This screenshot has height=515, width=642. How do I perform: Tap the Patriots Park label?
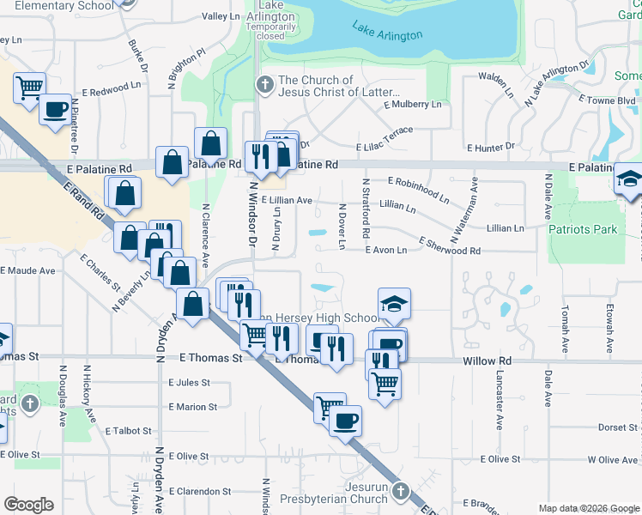583,230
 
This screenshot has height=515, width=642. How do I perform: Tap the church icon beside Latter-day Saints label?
264,84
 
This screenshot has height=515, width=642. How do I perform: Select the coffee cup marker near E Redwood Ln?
56,110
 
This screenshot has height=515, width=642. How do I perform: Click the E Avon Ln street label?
385,250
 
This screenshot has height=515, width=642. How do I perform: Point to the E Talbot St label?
130,431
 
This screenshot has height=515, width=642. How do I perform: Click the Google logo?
28,505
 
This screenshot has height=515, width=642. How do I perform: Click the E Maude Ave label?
27,270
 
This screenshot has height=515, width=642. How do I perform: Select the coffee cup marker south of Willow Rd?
345,421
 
